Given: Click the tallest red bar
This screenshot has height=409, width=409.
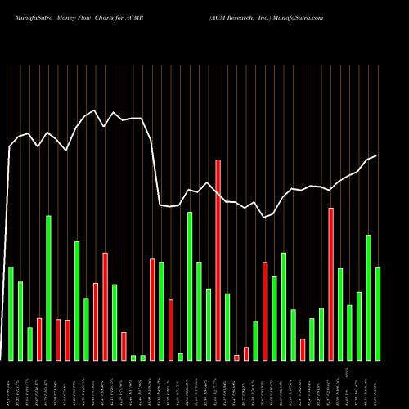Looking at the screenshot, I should pyautogui.click(x=218, y=260).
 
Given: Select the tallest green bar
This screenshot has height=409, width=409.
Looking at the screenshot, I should pyautogui.click(x=48, y=288).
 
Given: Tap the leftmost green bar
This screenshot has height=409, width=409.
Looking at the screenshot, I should pyautogui.click(x=11, y=313).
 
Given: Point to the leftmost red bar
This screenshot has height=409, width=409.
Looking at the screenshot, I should pyautogui.click(x=39, y=339).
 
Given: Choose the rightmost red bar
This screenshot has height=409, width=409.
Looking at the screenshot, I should pyautogui.click(x=331, y=284).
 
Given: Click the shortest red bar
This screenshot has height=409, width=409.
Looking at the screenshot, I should pyautogui.click(x=236, y=357).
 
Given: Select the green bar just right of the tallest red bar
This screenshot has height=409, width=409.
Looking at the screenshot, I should pyautogui.click(x=227, y=327).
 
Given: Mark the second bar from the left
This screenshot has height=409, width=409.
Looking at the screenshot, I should pyautogui.click(x=20, y=321).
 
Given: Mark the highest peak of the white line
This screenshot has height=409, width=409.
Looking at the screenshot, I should pyautogui.click(x=95, y=110).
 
